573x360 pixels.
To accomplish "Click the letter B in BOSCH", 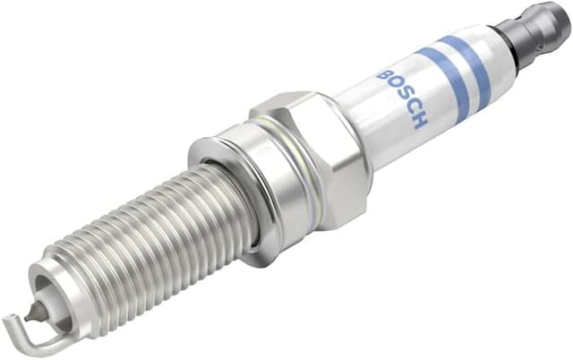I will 383,75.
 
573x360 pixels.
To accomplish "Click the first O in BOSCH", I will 392,86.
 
